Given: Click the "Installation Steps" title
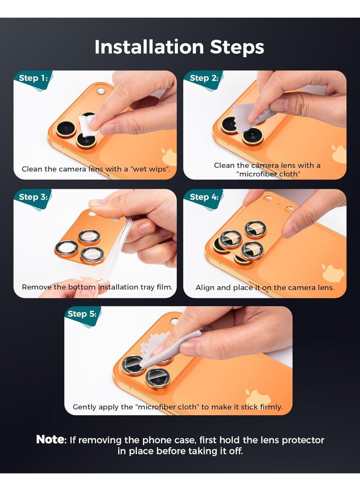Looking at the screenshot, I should click(179, 47).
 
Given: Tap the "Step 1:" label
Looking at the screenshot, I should click(32, 78).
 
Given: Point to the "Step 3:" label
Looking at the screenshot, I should click(32, 197).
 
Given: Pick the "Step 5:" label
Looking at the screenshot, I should click(82, 314).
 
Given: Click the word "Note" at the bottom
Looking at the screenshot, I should click(51, 440).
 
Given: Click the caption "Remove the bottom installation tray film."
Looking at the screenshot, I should click(97, 287).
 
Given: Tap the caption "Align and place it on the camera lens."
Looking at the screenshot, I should click(265, 287).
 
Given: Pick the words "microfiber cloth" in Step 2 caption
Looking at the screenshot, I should click(269, 174).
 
